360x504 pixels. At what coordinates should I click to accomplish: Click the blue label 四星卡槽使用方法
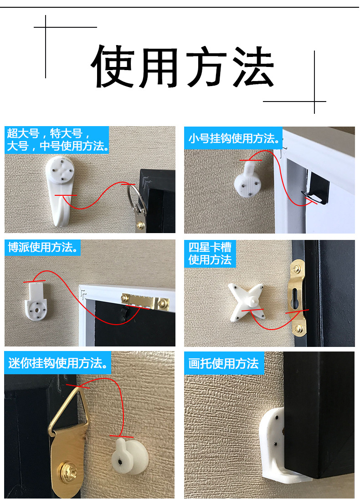pos(210,254)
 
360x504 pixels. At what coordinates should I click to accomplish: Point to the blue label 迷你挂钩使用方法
pos(58,363)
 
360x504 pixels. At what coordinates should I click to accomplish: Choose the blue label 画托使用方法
pos(223,363)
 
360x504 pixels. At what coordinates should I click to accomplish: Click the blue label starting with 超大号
pos(57,140)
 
